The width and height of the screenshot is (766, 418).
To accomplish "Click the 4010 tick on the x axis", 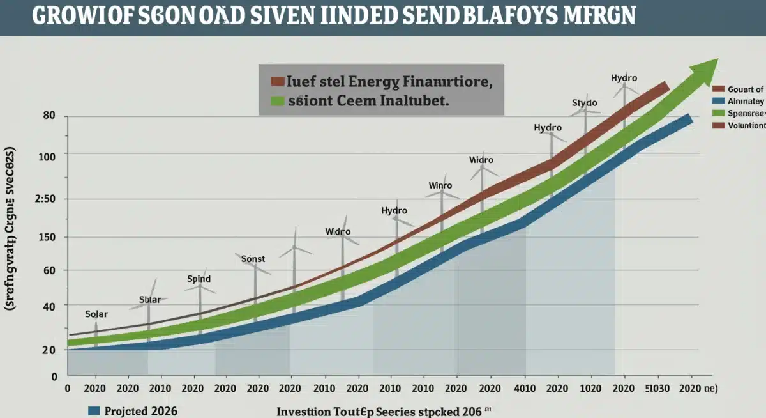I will [523, 388].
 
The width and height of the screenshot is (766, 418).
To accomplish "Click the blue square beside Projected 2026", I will [94, 411].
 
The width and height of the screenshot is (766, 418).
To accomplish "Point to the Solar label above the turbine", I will [96, 314].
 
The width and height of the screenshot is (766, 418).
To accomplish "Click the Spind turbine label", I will [199, 279].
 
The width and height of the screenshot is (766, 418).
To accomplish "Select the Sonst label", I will [253, 259].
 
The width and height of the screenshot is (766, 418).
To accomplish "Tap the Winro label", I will [440, 185].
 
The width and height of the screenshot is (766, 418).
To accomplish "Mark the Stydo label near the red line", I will [584, 102].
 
